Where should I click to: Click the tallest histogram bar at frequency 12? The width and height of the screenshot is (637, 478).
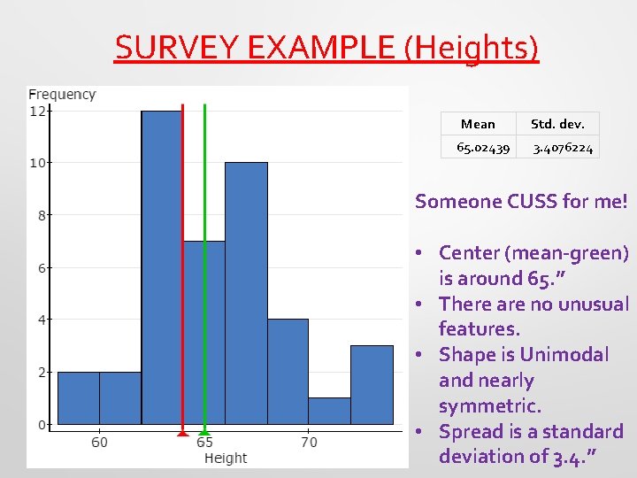(161, 266)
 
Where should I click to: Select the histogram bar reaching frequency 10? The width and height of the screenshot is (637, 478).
(246, 292)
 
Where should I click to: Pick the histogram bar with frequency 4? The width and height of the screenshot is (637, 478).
(288, 372)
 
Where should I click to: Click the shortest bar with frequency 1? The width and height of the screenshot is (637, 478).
(329, 411)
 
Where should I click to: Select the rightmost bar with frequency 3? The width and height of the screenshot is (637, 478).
(372, 385)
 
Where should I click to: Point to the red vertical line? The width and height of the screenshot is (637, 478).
(182, 266)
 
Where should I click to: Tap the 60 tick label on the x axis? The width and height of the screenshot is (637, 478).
(99, 441)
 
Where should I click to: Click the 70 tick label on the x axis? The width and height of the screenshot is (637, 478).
(309, 441)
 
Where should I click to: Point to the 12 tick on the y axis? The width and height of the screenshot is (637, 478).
(38, 112)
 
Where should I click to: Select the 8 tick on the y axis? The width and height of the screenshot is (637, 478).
(41, 215)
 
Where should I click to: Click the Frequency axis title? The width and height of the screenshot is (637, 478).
(62, 94)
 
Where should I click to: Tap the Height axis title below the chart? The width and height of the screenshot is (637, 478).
(226, 458)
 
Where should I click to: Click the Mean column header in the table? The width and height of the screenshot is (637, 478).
(478, 124)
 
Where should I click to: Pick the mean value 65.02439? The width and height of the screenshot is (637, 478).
(482, 148)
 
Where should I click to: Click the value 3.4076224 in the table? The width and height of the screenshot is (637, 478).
(563, 148)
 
